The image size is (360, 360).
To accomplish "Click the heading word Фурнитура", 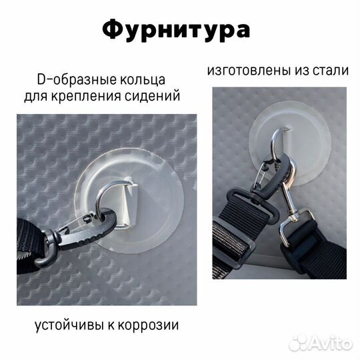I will [177, 31].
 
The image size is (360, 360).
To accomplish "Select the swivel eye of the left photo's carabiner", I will [53, 238].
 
